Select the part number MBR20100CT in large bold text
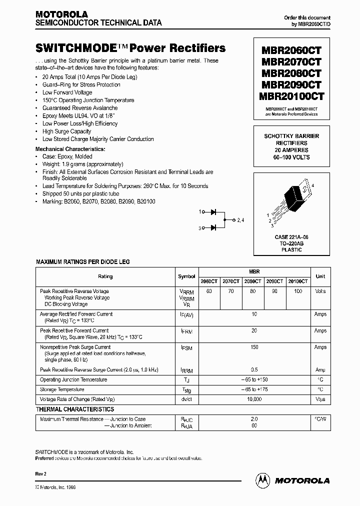(x=291, y=96)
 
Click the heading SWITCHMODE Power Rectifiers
(x=130, y=48)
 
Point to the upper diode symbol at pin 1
(x=213, y=212)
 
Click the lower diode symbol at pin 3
(x=213, y=228)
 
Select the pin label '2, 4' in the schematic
(x=240, y=220)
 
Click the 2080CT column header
(x=253, y=281)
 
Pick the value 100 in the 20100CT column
(x=298, y=291)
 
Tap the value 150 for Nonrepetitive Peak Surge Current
(x=254, y=347)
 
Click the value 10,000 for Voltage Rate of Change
(x=254, y=399)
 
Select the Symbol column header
(x=186, y=276)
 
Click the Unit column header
(x=320, y=276)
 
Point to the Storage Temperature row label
(x=62, y=389)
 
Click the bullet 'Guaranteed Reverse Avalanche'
(x=80, y=108)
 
